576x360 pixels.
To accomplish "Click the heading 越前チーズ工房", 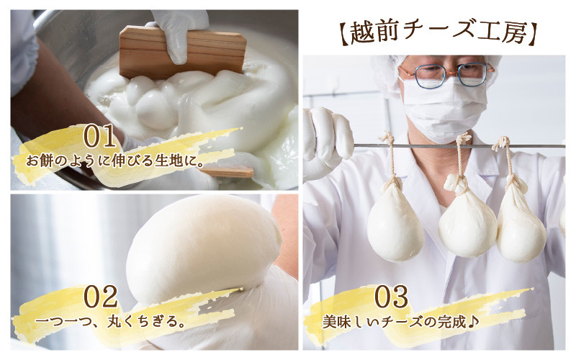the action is point(437,33).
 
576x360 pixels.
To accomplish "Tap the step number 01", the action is point(100,136).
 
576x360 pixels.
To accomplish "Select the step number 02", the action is point(100,297).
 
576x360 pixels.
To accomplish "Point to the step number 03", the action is point(391,297).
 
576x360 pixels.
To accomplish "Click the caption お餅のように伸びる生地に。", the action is point(115,161).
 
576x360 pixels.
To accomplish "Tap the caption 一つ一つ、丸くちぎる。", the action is point(110,322).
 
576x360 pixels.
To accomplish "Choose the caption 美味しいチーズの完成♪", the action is point(401,322).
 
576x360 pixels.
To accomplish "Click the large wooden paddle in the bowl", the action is point(182,52).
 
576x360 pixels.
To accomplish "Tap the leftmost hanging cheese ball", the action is point(395,222).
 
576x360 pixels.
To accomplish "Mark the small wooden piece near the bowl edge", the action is point(228,171).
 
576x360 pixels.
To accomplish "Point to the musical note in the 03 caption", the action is point(474,322).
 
